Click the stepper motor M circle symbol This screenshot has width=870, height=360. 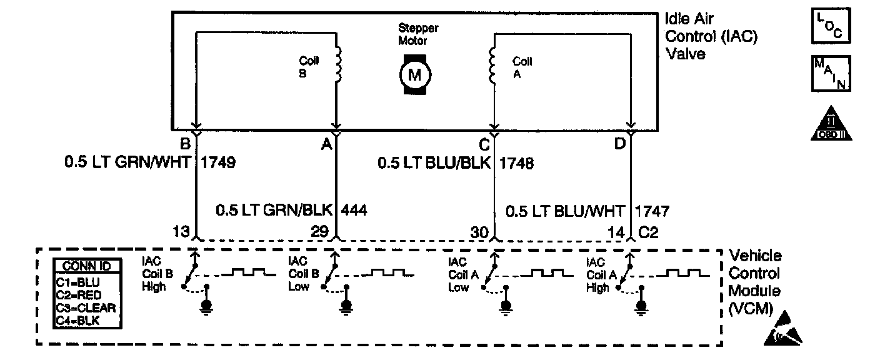414,74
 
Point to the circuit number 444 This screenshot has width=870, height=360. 354,210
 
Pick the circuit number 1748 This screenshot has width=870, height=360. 516,163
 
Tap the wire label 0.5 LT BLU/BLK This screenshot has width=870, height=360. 434,163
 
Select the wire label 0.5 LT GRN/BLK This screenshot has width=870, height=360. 275,210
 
